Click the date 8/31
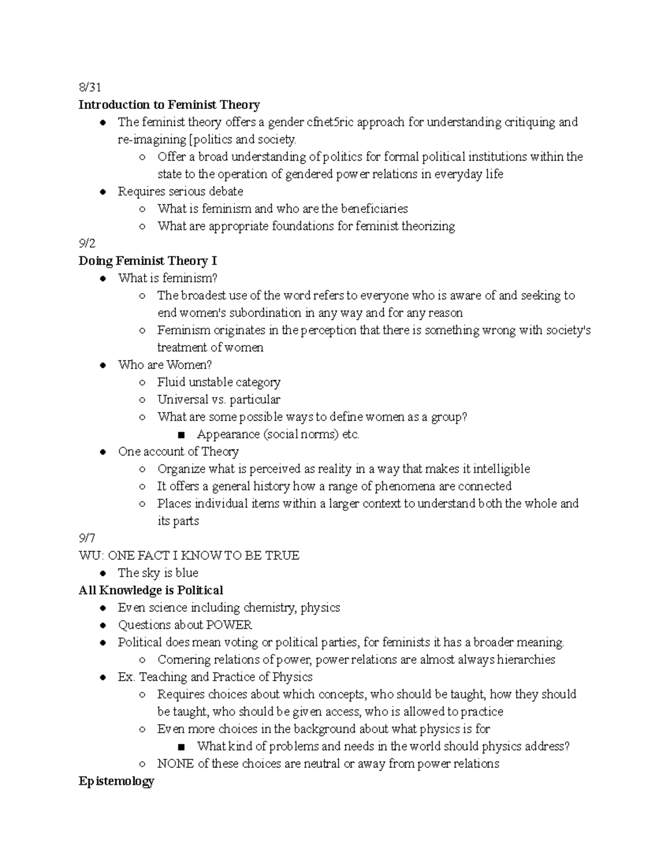click(x=90, y=87)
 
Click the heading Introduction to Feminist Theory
click(x=169, y=105)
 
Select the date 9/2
click(x=87, y=243)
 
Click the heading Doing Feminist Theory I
click(x=148, y=261)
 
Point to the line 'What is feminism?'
click(x=167, y=278)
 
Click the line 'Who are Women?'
click(x=165, y=365)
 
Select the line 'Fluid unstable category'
click(x=219, y=382)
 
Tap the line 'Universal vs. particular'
click(x=218, y=400)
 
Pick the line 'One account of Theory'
click(x=178, y=452)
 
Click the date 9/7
click(x=87, y=538)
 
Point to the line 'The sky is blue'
click(x=158, y=573)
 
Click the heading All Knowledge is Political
click(x=151, y=590)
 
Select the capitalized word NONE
click(x=175, y=763)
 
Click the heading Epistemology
click(x=116, y=781)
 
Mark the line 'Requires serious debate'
click(x=180, y=191)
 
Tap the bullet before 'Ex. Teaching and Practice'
click(x=103, y=677)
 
